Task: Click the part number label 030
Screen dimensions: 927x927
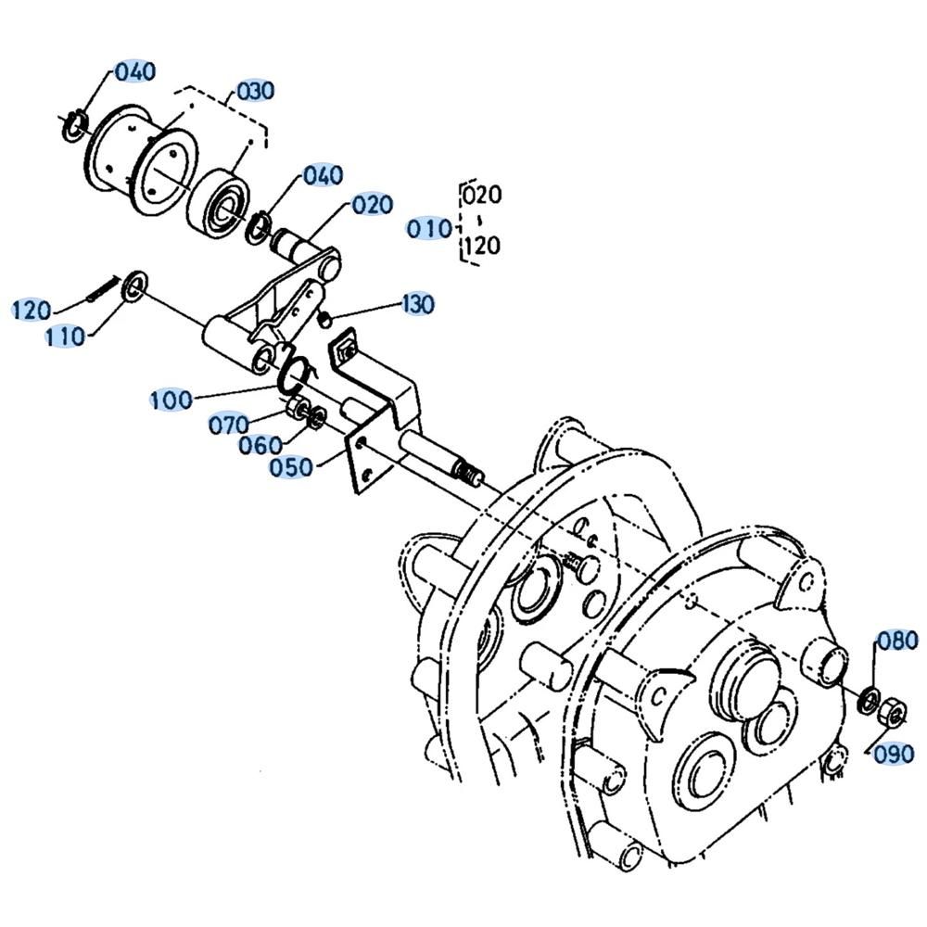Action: (256, 92)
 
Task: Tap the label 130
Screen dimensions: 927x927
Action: (418, 304)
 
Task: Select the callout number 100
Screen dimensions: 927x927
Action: (171, 400)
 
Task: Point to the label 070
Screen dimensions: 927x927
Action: (229, 425)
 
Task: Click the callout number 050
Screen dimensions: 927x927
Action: (291, 467)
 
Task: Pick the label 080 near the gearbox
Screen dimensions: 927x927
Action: (897, 641)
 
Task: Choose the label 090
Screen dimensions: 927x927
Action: (895, 754)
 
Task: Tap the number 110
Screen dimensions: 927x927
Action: (66, 337)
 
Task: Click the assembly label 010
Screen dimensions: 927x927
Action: (429, 229)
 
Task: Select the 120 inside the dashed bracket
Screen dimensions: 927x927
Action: (483, 245)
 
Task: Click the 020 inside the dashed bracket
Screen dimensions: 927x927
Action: (482, 195)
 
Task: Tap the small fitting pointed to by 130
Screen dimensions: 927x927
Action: (324, 320)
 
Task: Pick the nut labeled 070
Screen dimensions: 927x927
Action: (293, 407)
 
